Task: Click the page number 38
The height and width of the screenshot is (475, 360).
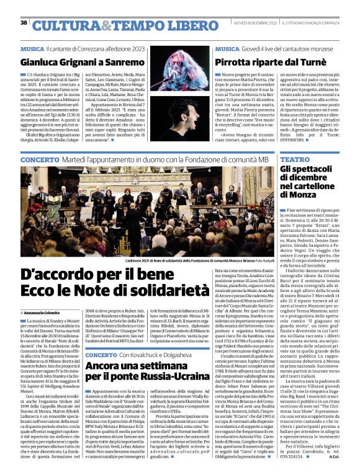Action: click(x=24, y=23)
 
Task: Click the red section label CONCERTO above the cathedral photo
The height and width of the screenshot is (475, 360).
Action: click(x=40, y=160)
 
